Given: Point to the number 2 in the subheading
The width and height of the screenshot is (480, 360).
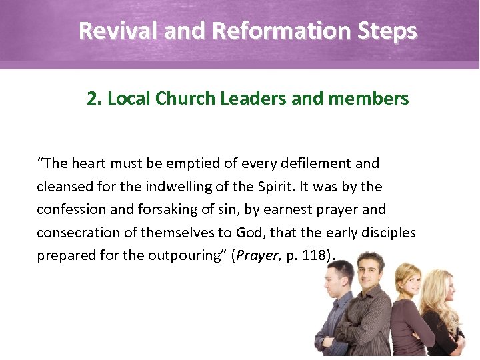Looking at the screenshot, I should [x=92, y=99].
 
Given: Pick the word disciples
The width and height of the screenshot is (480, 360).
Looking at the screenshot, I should [x=386, y=233].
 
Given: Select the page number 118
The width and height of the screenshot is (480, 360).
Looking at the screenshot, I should [x=315, y=256].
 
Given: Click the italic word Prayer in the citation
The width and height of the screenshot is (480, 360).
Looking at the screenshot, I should [x=253, y=256].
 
